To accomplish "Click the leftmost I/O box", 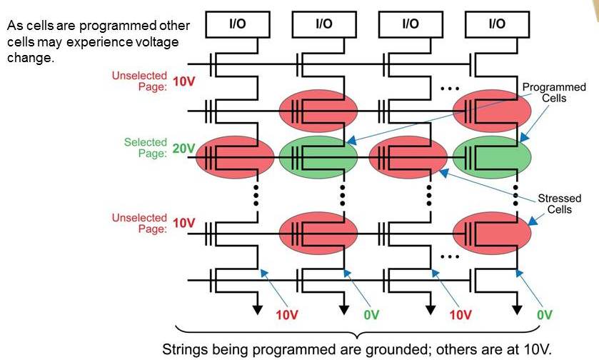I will pyautogui.click(x=238, y=24).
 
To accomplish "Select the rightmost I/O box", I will pyautogui.click(x=496, y=24).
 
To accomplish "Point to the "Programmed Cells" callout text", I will pyautogui.click(x=543, y=92).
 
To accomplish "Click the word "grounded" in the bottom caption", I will pyautogui.click(x=379, y=351).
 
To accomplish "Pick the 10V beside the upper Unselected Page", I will pyautogui.click(x=183, y=81).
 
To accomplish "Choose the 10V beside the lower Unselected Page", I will pyautogui.click(x=183, y=223).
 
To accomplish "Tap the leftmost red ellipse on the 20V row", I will pyautogui.click(x=236, y=158).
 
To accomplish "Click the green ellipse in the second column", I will pyautogui.click(x=318, y=158).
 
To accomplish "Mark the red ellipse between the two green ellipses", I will pyautogui.click(x=407, y=158).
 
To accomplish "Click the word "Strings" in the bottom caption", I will pyautogui.click(x=182, y=351).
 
